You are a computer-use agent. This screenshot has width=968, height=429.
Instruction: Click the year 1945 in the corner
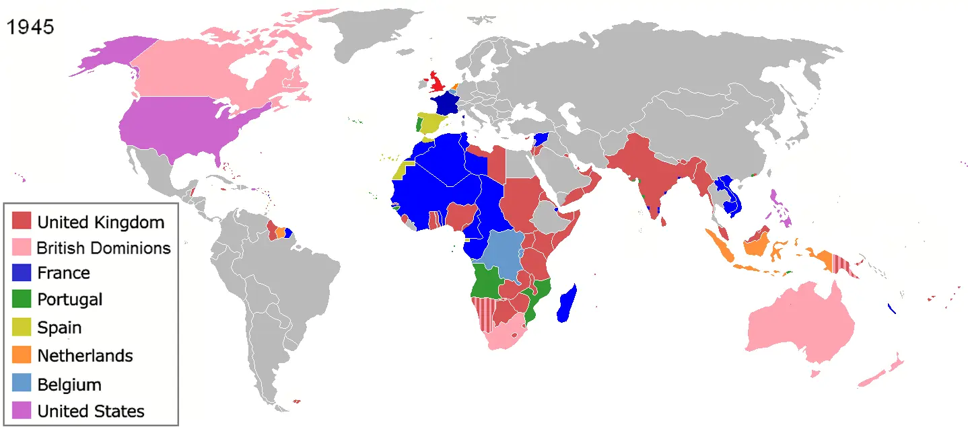pos(30,28)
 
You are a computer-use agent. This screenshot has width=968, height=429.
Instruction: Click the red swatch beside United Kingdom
pos(22,221)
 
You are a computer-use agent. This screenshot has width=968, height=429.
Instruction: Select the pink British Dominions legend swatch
pos(22,247)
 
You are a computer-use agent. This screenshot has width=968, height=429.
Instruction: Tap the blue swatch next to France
pos(22,272)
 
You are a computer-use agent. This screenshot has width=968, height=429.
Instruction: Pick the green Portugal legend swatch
pos(22,299)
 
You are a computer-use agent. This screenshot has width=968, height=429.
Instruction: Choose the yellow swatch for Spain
pos(22,327)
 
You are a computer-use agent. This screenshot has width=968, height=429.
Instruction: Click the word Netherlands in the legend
pos(85,356)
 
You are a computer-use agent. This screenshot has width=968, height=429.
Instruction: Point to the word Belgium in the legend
pos(69,385)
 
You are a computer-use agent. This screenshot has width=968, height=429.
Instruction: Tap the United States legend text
pos(91,411)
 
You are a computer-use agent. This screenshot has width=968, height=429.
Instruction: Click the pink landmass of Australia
pos(801,323)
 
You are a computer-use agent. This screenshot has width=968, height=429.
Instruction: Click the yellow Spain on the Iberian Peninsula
pos(437,124)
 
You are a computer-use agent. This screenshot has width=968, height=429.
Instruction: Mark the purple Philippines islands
pos(781,205)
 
